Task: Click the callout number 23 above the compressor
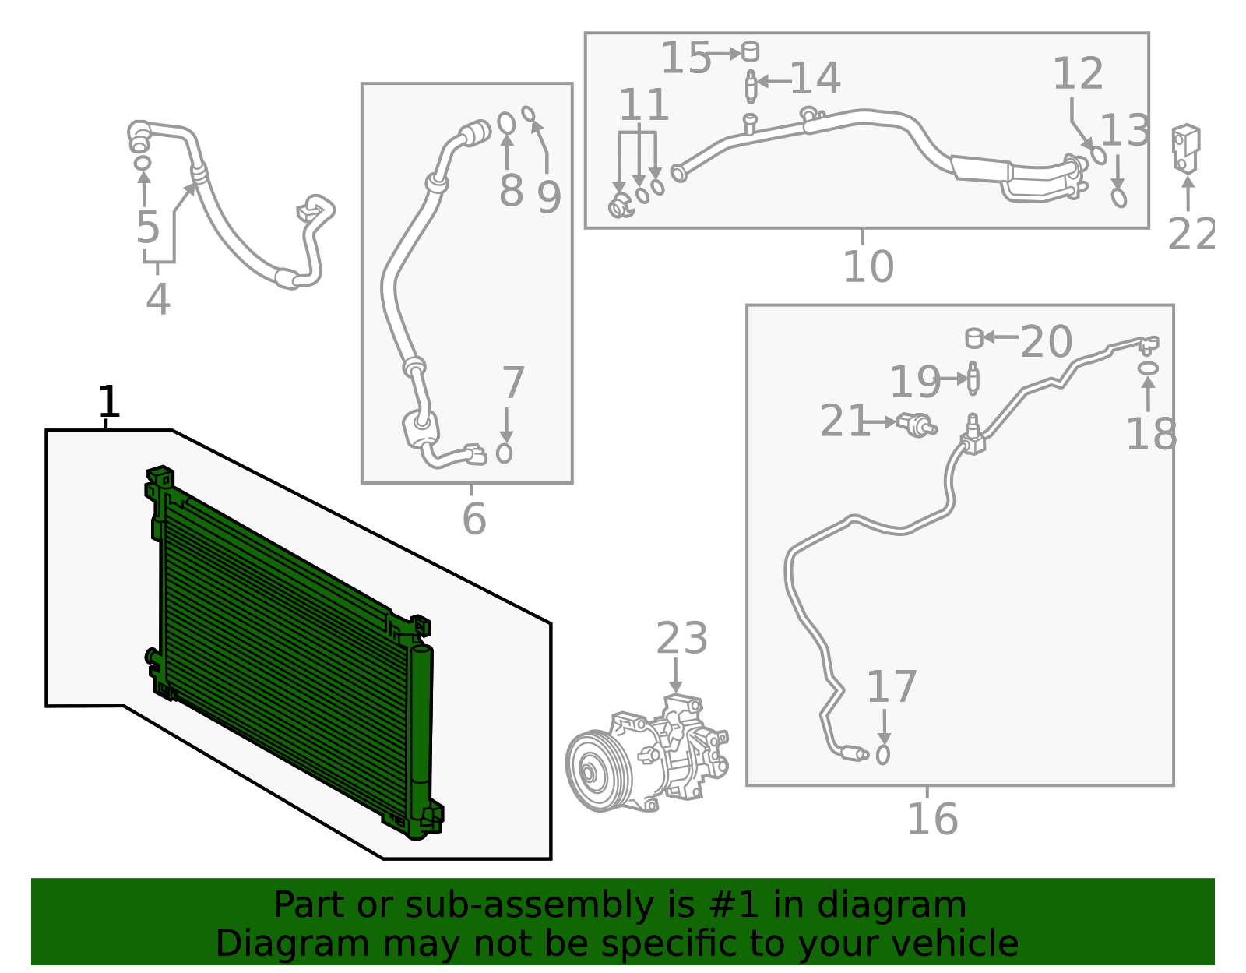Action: [x=681, y=639]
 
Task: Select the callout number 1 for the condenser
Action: [x=108, y=402]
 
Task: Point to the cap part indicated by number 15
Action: [x=750, y=51]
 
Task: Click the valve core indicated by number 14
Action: [x=750, y=86]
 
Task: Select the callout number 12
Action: [x=1078, y=74]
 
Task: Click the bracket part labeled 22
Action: [x=1185, y=147]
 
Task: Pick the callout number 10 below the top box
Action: [x=868, y=266]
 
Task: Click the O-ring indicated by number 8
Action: [x=506, y=123]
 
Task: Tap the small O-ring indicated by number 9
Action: [x=528, y=115]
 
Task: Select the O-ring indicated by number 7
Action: [x=505, y=453]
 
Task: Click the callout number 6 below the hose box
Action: [x=473, y=519]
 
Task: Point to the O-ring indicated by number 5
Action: [x=142, y=163]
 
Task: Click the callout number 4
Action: [x=157, y=299]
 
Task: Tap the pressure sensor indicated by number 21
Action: [x=916, y=425]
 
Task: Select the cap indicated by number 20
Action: [x=973, y=338]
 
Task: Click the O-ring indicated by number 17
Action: [x=882, y=754]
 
